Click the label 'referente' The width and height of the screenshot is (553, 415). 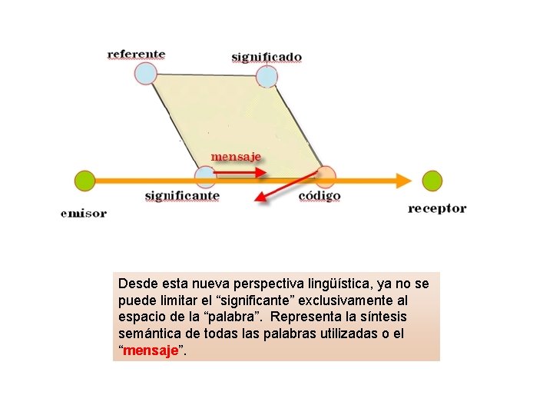pos(136,55)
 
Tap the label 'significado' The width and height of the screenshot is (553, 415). pos(266,58)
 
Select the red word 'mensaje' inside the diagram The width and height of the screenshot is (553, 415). pos(236,156)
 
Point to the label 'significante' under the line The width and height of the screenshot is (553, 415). pos(182,196)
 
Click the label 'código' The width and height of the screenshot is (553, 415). pos(319,196)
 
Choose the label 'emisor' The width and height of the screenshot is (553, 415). pos(83,213)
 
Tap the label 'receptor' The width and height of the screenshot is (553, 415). pos(436,208)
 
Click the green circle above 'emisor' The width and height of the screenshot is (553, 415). pos(84,181)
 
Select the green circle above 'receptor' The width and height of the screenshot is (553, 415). pos(432,181)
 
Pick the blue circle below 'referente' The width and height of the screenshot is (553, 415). pos(145,74)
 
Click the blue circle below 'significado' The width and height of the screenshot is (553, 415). pos(266,77)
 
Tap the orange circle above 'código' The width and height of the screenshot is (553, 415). pos(326,176)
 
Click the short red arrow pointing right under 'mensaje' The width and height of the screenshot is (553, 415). pos(238,174)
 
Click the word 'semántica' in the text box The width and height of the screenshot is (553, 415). pos(146,334)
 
